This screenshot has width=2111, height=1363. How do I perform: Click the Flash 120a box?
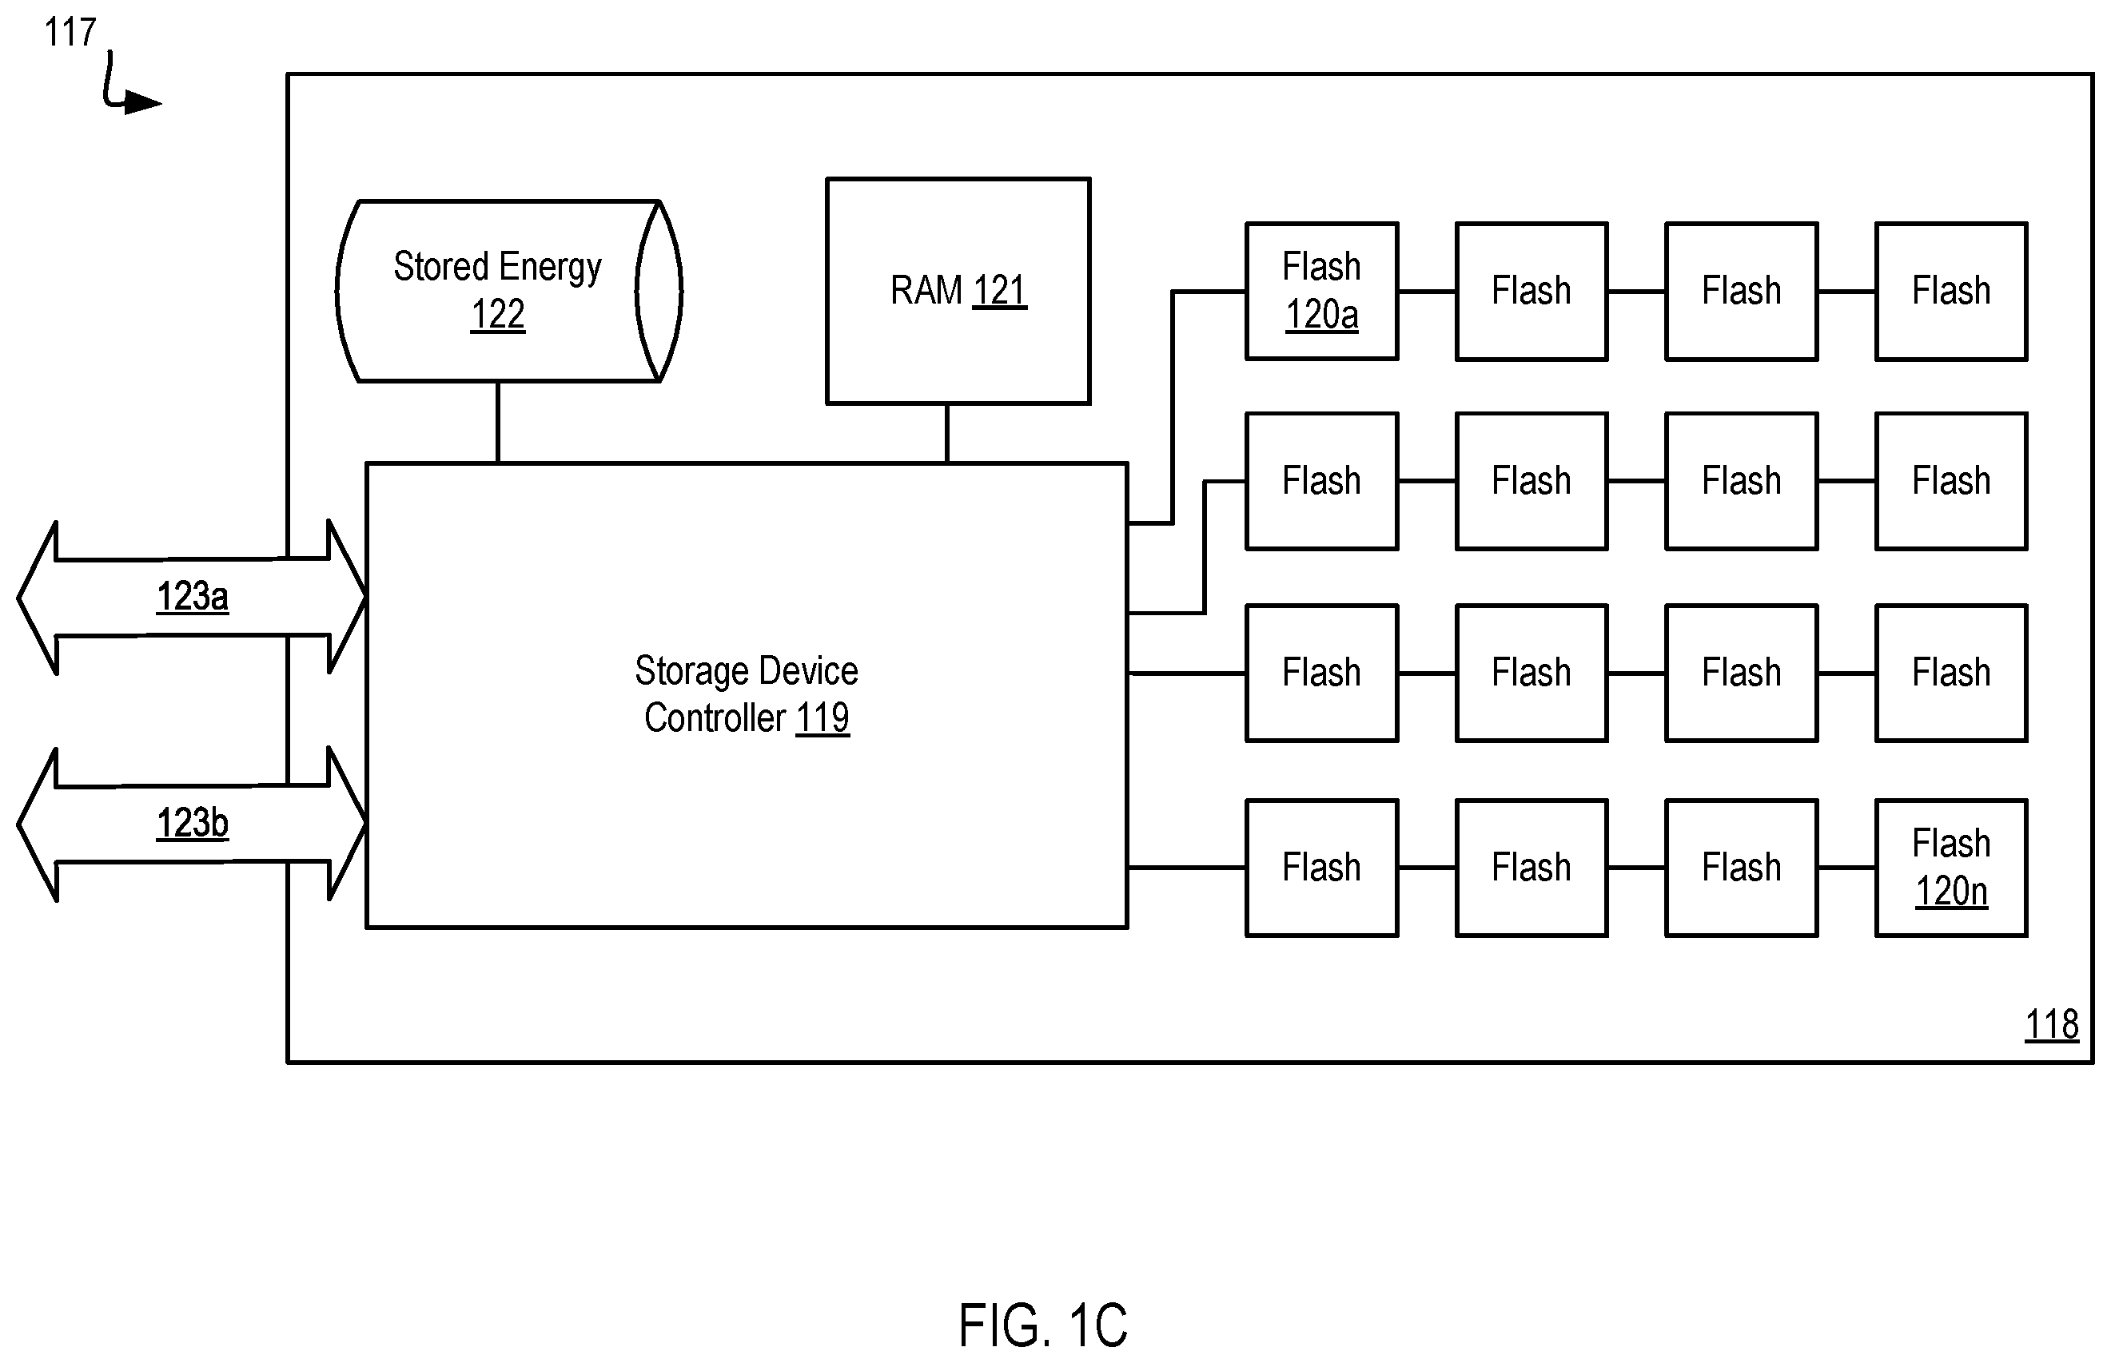1321,291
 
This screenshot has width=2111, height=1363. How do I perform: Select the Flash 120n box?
1950,868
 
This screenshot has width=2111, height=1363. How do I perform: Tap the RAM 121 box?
958,291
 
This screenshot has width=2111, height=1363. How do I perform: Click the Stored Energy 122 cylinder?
509,291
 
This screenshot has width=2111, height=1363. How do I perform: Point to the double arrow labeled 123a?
191,598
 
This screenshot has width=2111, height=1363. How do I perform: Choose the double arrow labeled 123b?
191,824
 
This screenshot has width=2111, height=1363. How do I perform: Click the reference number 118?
2052,1025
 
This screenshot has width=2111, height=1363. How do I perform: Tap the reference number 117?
70,33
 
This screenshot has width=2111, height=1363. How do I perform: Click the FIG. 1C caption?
1043,1325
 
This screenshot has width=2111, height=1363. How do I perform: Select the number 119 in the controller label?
822,717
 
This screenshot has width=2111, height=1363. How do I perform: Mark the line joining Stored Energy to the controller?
498,422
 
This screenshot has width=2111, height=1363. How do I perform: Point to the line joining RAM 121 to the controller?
946,434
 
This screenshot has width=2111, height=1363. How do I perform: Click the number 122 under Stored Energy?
498,314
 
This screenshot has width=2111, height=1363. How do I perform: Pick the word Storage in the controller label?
687,672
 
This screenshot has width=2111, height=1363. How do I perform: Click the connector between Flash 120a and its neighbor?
1428,291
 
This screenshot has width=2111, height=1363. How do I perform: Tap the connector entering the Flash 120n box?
1846,868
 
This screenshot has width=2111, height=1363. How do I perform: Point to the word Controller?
715,717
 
